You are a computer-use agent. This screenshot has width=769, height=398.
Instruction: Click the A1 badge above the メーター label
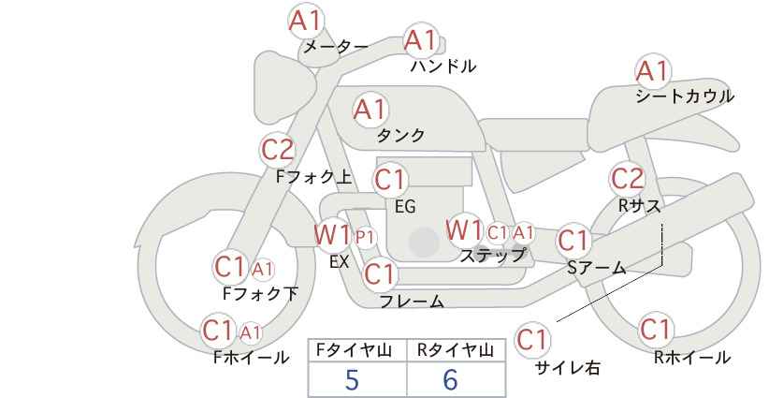(305, 21)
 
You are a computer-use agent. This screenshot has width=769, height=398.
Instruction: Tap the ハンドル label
(443, 66)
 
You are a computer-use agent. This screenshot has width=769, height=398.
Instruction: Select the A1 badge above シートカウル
(653, 70)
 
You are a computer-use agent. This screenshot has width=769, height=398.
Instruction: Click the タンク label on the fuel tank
(400, 135)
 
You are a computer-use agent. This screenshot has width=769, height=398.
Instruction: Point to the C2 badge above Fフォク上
(278, 150)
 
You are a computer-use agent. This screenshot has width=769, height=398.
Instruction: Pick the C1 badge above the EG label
(390, 180)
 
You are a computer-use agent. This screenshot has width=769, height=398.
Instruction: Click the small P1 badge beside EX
(365, 238)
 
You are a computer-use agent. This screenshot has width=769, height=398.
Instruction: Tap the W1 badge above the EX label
(332, 234)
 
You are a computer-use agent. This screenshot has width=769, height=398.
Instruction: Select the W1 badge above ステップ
(464, 230)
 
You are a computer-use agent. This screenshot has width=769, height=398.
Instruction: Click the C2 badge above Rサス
(627, 179)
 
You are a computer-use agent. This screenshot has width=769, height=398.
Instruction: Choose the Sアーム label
(596, 268)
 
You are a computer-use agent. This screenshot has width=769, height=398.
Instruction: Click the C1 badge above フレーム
(380, 273)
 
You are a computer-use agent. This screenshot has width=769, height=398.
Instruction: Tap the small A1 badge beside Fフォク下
(263, 269)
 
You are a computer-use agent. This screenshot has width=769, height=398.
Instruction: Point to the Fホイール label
(251, 358)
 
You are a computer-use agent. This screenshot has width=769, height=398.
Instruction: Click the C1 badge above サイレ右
(532, 339)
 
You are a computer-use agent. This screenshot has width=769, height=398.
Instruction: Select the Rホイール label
(692, 358)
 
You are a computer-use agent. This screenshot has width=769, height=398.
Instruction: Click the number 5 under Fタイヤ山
(352, 379)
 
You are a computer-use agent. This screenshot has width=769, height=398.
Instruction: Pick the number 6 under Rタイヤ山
(450, 379)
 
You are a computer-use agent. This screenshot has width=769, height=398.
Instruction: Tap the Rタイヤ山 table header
(456, 350)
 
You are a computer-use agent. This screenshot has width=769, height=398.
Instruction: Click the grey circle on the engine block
(424, 242)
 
